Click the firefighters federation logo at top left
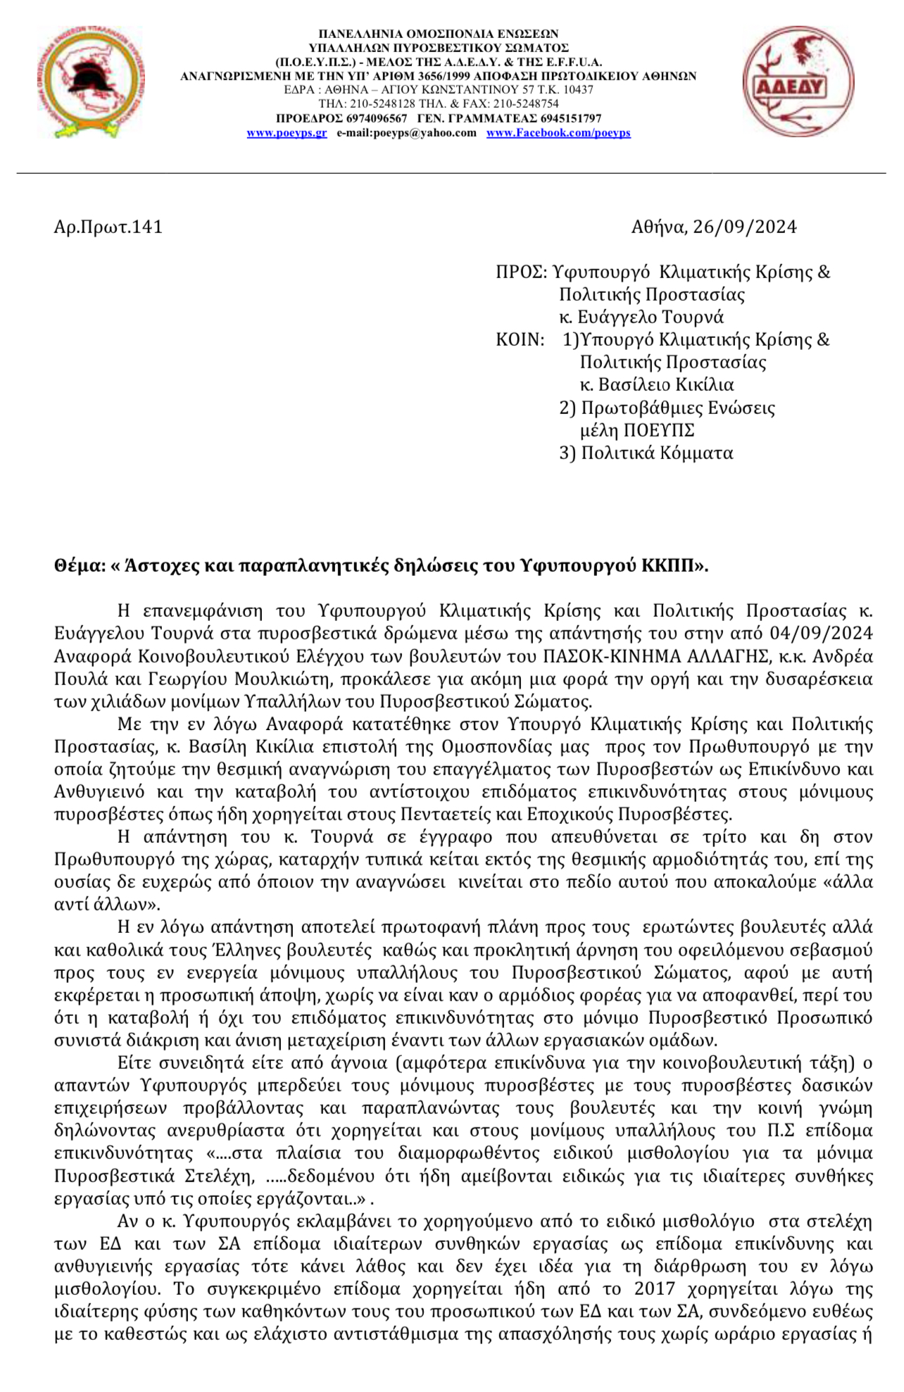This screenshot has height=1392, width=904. (x=89, y=82)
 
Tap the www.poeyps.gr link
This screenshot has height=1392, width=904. (x=287, y=133)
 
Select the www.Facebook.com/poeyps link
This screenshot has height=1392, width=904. (x=558, y=133)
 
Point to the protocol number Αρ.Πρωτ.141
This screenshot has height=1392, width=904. (x=108, y=227)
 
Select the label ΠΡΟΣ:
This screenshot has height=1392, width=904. (x=522, y=272)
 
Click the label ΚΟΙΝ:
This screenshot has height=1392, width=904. (x=520, y=340)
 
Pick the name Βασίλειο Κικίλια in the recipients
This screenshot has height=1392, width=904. (x=666, y=385)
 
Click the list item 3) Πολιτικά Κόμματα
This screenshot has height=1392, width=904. (x=646, y=453)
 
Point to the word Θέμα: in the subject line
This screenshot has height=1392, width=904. (x=80, y=567)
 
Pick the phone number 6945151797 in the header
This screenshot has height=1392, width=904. (x=571, y=118)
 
